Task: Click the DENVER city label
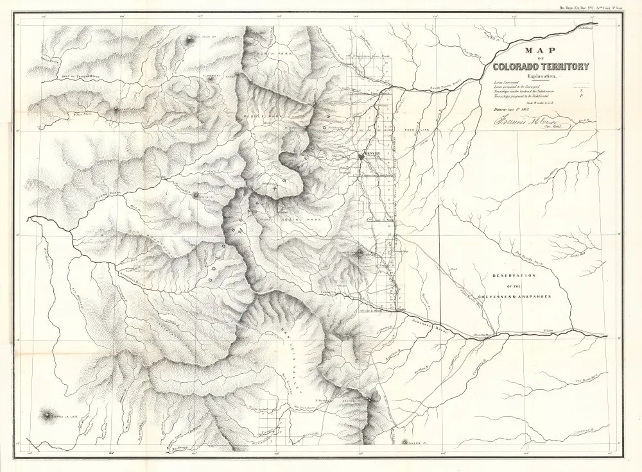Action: (373, 155)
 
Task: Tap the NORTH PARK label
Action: (274, 55)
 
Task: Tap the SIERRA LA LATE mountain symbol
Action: (48, 416)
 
